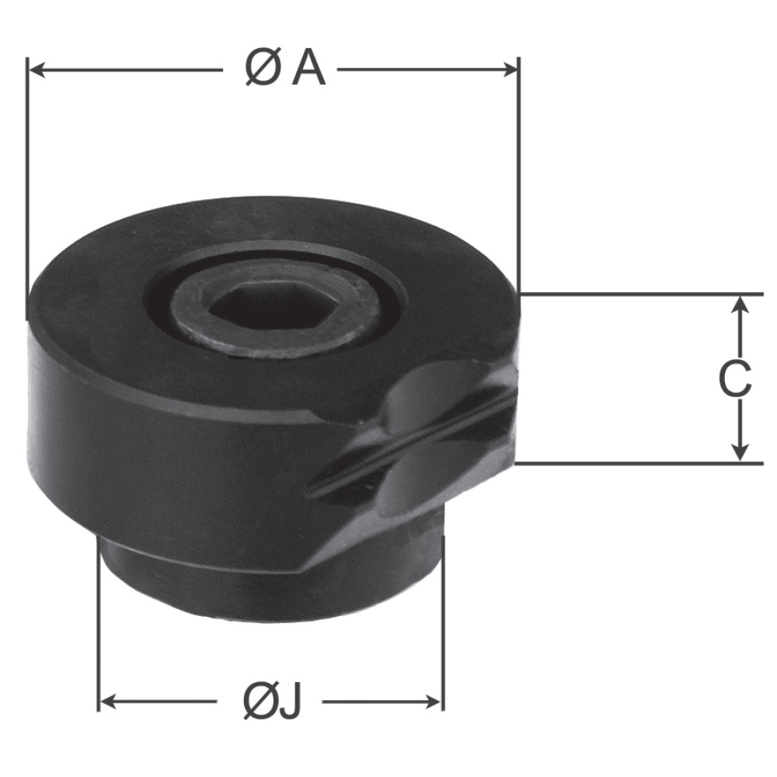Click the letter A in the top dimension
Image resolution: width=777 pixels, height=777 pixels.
[308, 69]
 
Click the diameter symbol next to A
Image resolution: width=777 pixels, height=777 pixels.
[261, 69]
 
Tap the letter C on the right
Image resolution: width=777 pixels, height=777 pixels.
[735, 379]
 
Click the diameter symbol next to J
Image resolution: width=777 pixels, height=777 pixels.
[259, 702]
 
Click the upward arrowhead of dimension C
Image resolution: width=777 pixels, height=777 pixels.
[740, 305]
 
